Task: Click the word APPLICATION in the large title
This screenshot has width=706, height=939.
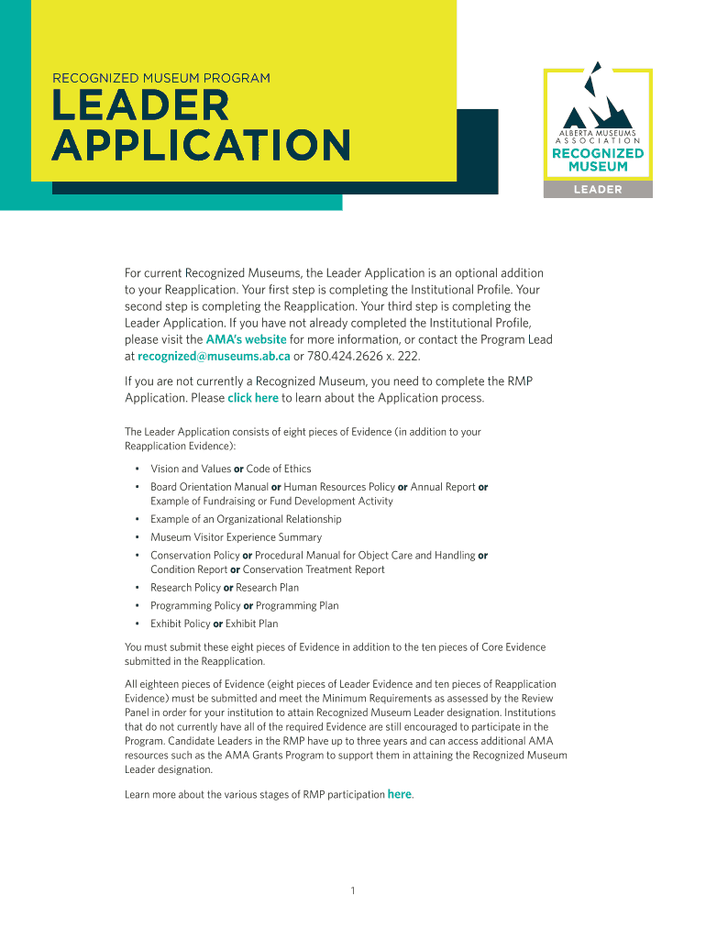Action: click(201, 145)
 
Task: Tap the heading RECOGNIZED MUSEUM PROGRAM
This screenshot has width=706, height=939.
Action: click(161, 78)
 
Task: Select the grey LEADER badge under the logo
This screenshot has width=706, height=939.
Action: click(597, 190)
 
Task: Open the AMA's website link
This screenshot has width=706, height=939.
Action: click(246, 339)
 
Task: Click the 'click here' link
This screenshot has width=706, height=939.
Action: click(252, 398)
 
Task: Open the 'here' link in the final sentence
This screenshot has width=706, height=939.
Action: click(400, 794)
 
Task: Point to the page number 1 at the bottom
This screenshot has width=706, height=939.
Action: click(352, 891)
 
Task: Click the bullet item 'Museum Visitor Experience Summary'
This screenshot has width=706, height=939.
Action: click(236, 537)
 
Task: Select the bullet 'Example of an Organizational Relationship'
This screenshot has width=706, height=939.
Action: click(246, 519)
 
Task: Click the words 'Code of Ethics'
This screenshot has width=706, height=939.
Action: click(279, 469)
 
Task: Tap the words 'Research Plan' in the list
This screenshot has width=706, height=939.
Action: click(267, 588)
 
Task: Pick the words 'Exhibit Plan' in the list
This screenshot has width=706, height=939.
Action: click(252, 624)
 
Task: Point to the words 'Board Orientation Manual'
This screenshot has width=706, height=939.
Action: click(209, 487)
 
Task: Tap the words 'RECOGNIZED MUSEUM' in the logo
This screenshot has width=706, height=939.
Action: click(597, 160)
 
